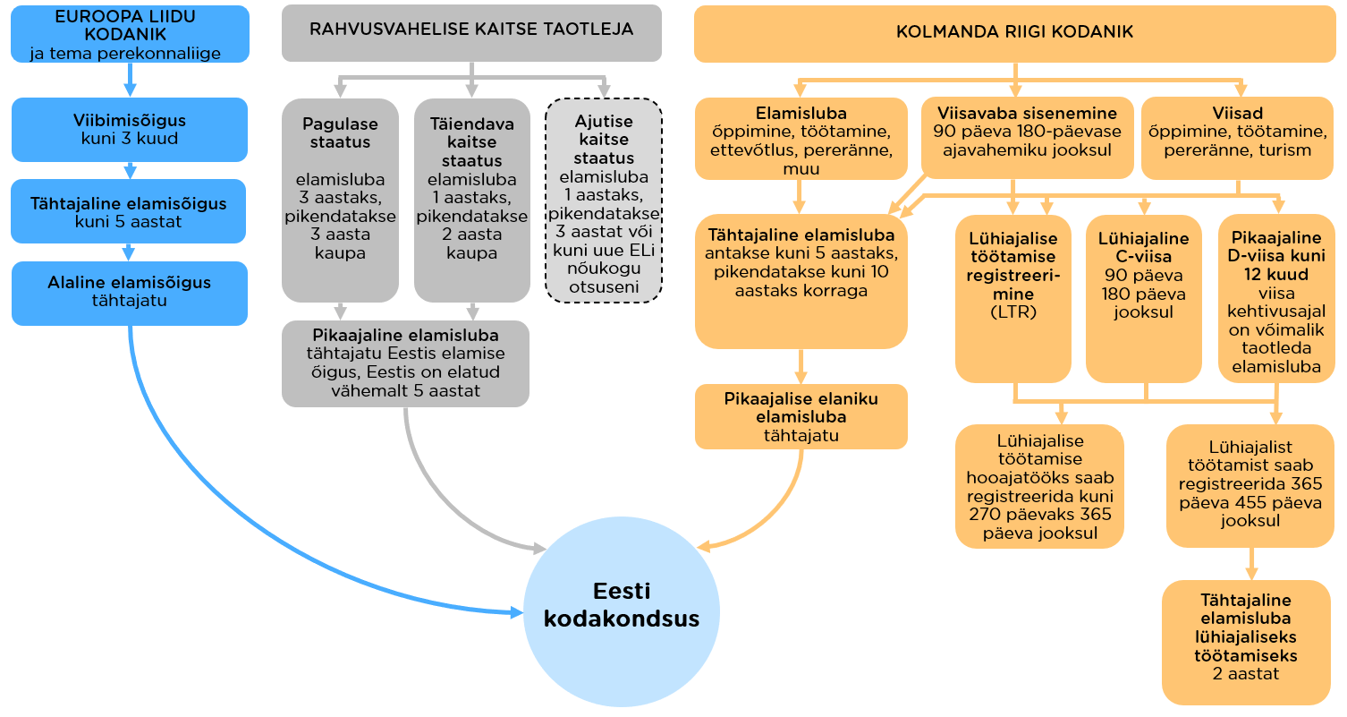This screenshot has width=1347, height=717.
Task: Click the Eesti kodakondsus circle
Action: tap(622, 611)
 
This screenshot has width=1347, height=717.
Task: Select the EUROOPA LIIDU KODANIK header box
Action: tap(130, 34)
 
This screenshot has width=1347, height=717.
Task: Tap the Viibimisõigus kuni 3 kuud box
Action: tap(130, 130)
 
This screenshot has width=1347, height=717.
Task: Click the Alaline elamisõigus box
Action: tap(130, 294)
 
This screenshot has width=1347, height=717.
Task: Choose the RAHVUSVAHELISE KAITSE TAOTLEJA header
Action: tap(471, 33)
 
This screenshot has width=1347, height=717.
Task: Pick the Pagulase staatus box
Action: tap(340, 200)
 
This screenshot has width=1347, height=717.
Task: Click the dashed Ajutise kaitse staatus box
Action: tap(604, 200)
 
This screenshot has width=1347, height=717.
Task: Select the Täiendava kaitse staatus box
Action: tap(472, 200)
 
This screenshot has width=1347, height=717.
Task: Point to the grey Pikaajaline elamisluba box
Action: tap(405, 363)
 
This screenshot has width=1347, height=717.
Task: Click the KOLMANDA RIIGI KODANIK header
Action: tap(1014, 34)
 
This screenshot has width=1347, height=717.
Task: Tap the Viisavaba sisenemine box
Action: tap(1027, 138)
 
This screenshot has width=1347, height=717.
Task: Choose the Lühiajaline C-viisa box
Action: tap(1144, 299)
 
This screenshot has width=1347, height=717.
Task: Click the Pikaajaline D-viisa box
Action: tap(1276, 299)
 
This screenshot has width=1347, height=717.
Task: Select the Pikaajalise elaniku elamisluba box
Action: tap(801, 416)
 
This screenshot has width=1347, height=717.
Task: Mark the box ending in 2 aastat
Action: tap(1246, 643)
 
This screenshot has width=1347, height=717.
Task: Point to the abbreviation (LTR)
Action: tap(1013, 312)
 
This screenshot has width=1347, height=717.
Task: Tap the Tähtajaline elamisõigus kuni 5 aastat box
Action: tap(128, 211)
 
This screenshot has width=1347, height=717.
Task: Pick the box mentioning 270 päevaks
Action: tap(1039, 486)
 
